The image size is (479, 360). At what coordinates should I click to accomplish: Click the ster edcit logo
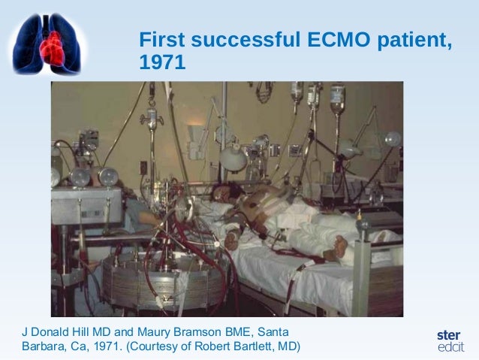click(x=450, y=340)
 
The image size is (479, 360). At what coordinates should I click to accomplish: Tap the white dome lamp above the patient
click(x=233, y=157)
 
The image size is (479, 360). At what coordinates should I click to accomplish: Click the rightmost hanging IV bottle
click(x=338, y=98)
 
